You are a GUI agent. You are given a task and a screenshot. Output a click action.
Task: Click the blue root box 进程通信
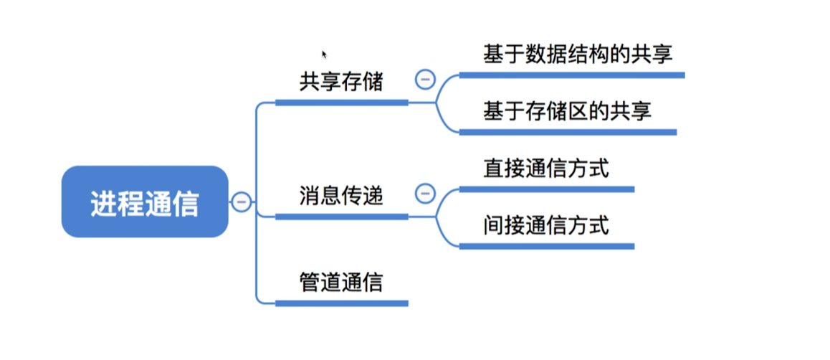(x=145, y=202)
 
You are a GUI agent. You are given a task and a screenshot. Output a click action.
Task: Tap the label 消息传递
(x=341, y=195)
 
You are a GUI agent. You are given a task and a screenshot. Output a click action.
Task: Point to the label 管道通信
(x=341, y=282)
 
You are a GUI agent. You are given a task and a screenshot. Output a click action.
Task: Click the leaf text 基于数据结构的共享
(x=578, y=55)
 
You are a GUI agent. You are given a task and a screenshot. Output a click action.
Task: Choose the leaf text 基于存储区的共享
(x=567, y=112)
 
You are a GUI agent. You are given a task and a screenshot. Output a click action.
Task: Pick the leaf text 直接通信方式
(x=546, y=169)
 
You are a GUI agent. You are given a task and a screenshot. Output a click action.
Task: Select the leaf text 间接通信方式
(x=546, y=226)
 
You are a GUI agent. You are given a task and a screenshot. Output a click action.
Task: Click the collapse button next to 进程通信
(x=241, y=202)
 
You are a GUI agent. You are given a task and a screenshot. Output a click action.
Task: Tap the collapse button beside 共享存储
(x=425, y=79)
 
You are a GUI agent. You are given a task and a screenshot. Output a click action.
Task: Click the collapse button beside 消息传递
(x=425, y=193)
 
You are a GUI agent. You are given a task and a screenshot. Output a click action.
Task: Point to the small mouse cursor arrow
(x=324, y=53)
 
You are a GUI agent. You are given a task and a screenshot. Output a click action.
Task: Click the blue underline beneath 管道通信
(x=341, y=303)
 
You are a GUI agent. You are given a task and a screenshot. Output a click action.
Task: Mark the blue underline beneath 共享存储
(x=341, y=103)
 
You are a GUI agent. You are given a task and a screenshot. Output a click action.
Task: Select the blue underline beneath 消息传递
(x=341, y=217)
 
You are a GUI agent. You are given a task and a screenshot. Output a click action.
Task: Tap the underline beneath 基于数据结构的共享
(x=571, y=75)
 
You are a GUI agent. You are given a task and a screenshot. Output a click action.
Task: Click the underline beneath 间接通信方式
(x=546, y=246)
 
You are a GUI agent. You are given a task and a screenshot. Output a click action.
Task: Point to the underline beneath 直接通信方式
(x=546, y=189)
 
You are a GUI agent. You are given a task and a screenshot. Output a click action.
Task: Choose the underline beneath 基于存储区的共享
(x=567, y=132)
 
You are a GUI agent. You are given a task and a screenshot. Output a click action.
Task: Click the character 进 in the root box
(x=103, y=204)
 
